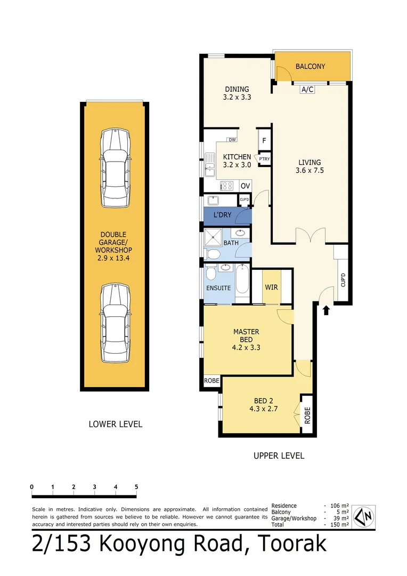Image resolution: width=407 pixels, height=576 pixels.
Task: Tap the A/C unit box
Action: pos(307,90)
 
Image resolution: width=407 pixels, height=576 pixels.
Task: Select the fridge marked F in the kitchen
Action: pos(263,141)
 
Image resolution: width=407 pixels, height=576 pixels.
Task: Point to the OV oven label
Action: pos(245,186)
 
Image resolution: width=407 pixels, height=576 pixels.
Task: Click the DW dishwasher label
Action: pos(232,140)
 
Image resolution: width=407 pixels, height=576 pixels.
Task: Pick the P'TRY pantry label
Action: pos(264,158)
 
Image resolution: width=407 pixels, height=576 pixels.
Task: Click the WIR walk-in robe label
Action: pos(271,287)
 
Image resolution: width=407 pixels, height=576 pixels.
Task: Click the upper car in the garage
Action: pos(115,168)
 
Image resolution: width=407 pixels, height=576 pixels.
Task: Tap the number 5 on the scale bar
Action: pos(136,487)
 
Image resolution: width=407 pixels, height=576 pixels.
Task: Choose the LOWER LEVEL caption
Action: pos(115,425)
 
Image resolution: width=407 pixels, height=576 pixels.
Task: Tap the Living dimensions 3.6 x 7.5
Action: pos(310,171)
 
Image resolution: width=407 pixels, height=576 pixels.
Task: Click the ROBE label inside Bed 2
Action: pos(307,414)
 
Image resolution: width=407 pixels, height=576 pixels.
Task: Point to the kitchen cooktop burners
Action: pos(227,186)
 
